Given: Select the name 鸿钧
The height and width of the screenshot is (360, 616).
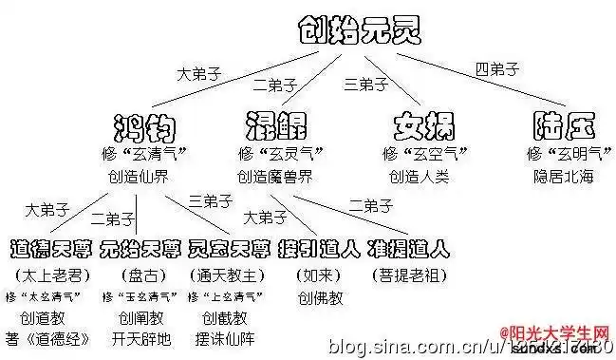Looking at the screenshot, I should coord(144,127).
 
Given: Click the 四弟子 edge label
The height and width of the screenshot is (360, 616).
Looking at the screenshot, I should coord(497,69).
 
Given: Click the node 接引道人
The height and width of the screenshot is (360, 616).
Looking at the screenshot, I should coord(319,249).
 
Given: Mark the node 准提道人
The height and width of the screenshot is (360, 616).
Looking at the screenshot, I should coord(409,249).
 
